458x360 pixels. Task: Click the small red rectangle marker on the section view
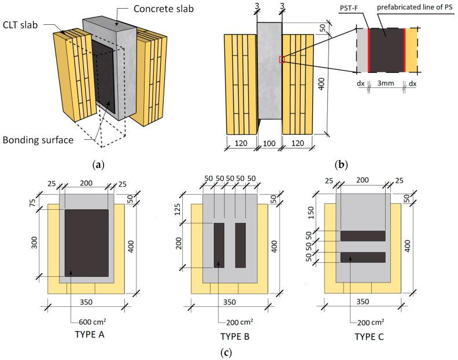281,59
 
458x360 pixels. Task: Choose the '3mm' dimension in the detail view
386,83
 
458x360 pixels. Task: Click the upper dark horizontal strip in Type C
363,236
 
